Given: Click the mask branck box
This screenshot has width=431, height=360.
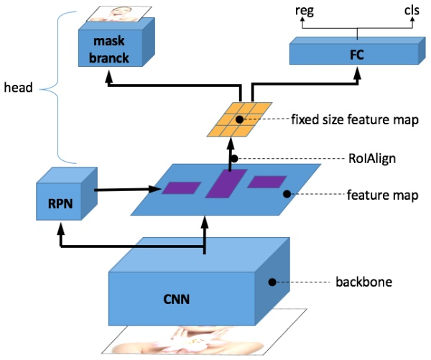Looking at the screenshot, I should (111, 47).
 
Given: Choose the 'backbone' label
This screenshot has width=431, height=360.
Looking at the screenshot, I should (364, 282).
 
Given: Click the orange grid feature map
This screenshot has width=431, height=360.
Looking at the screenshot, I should (241, 117).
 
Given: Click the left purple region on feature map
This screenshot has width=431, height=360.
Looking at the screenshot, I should (181, 188).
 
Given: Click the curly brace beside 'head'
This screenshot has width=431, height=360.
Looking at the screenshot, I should (52, 90).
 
